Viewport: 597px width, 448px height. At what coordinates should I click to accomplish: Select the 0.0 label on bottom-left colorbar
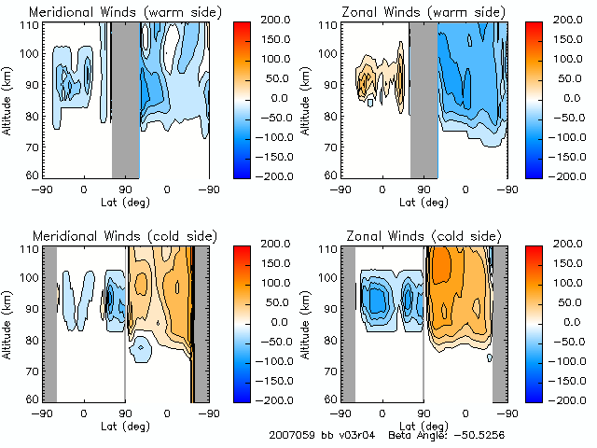[272, 322]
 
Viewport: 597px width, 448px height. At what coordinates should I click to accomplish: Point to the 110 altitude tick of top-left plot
[30, 25]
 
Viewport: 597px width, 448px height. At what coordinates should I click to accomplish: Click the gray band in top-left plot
[125, 98]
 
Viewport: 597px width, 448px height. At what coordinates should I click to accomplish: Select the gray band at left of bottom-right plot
[347, 322]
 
